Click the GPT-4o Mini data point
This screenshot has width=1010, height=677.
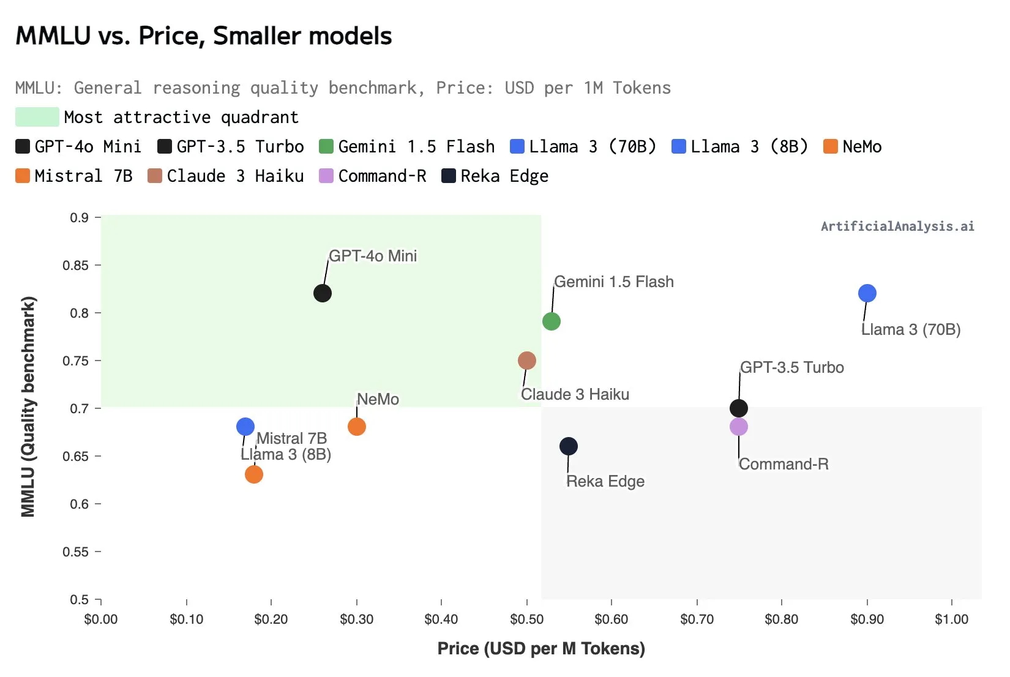click(323, 293)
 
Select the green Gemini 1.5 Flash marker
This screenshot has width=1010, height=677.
click(551, 321)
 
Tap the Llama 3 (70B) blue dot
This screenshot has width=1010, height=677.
click(867, 293)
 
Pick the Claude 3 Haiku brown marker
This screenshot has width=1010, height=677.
click(526, 361)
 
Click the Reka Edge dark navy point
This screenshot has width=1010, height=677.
click(569, 446)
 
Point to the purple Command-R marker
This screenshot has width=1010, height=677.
click(739, 427)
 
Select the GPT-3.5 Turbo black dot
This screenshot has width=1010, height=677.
click(739, 408)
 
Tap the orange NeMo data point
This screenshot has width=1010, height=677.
click(357, 427)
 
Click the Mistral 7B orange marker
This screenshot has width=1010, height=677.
click(254, 474)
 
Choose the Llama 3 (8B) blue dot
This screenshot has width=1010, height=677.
click(245, 427)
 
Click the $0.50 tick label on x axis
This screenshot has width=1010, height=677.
click(526, 619)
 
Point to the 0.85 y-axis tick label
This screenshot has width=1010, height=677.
click(75, 266)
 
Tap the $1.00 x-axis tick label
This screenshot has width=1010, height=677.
click(951, 619)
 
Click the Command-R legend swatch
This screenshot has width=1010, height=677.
click(326, 176)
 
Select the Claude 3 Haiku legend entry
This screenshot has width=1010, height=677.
click(226, 176)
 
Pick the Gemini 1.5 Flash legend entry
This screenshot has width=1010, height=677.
click(408, 147)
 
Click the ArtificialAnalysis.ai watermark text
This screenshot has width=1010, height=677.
click(897, 226)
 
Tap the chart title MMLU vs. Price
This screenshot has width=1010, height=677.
click(203, 36)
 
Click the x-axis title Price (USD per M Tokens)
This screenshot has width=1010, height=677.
click(541, 649)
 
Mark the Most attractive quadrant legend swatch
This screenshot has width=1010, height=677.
click(37, 117)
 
